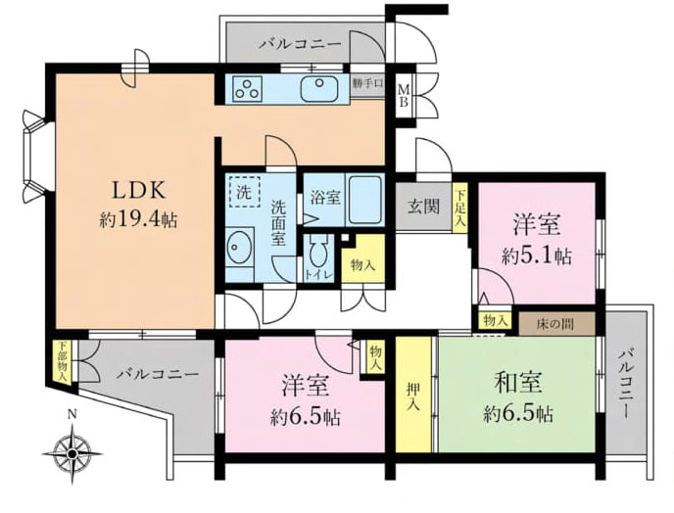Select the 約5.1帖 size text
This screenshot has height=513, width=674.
click(536, 257)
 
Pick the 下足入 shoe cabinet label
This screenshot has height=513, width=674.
click(460, 207)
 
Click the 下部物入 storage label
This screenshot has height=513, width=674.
click(62, 359)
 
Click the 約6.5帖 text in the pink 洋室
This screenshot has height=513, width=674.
click(305, 416)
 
